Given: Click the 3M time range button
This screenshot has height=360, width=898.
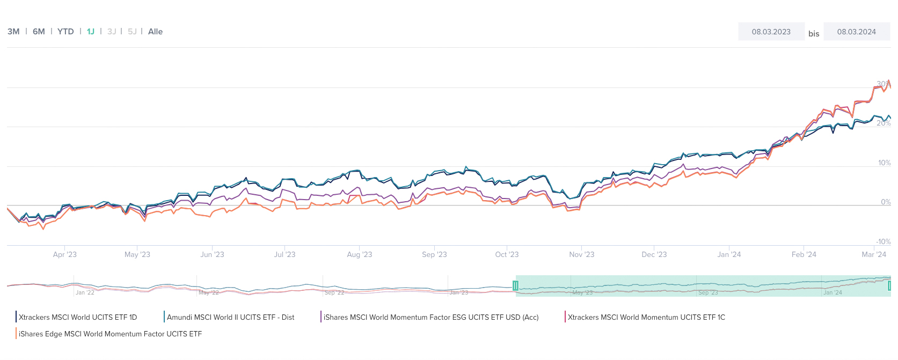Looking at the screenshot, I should (x=13, y=32).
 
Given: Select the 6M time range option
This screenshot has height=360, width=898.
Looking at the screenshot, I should (x=39, y=32).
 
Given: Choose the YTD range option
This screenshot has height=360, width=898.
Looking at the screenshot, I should (x=65, y=32).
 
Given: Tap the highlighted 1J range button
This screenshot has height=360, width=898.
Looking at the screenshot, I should (x=91, y=32).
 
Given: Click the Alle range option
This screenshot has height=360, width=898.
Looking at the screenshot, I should (x=155, y=32).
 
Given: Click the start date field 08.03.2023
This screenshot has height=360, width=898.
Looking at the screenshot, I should (x=771, y=32).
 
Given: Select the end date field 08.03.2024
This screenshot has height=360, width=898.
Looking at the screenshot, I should (x=856, y=32).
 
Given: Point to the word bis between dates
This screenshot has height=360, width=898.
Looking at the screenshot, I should (x=814, y=34).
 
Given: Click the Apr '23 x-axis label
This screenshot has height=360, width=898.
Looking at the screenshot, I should (x=65, y=254).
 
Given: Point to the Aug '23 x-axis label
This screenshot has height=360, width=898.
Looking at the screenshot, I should (x=359, y=254).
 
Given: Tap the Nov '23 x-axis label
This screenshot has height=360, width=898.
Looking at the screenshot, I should (x=581, y=254).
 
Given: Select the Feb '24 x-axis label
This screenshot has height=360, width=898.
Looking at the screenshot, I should (x=804, y=254).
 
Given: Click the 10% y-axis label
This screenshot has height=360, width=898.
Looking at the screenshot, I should (x=884, y=163).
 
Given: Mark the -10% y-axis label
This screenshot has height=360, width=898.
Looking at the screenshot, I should (x=883, y=241).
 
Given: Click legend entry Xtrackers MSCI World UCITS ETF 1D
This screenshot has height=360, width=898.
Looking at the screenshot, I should (x=78, y=317).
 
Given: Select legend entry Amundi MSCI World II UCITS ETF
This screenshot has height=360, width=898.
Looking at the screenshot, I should (x=230, y=317).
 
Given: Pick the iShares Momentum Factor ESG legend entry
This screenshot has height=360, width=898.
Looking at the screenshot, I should (x=430, y=317).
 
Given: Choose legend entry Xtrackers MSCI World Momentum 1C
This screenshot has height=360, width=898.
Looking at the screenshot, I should (x=646, y=317).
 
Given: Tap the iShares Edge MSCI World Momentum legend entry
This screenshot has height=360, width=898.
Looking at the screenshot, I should (x=110, y=334).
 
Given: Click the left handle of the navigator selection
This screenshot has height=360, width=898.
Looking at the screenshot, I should (x=515, y=285).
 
